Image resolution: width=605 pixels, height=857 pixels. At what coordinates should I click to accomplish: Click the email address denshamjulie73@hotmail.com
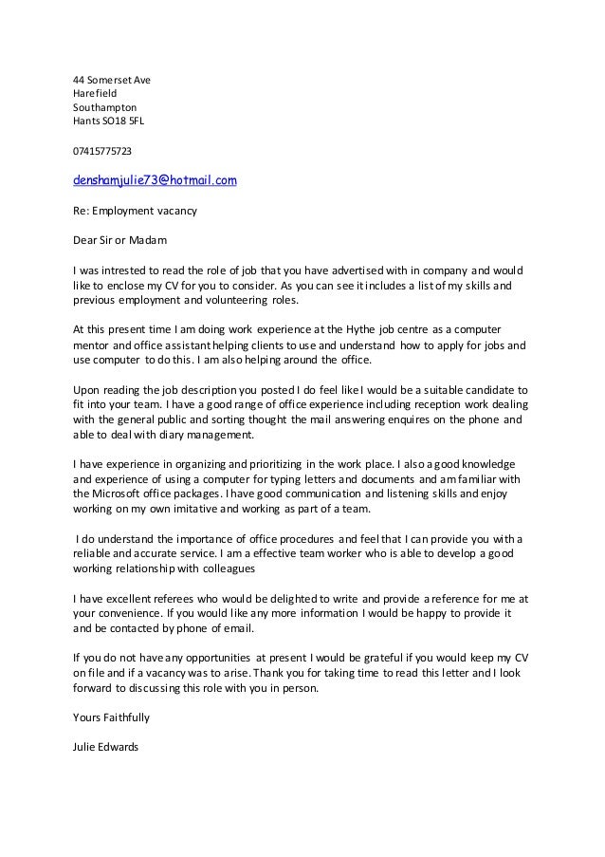pyautogui.click(x=155, y=179)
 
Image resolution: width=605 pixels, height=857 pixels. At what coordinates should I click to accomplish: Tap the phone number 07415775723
pyautogui.click(x=103, y=151)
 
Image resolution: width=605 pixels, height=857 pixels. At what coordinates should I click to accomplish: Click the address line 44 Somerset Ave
pyautogui.click(x=112, y=80)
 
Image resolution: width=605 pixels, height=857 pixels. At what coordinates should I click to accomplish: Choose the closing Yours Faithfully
pyautogui.click(x=111, y=718)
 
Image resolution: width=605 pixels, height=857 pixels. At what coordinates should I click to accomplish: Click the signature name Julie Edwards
pyautogui.click(x=105, y=747)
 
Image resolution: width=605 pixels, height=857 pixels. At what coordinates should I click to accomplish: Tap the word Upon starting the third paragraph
pyautogui.click(x=87, y=389)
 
